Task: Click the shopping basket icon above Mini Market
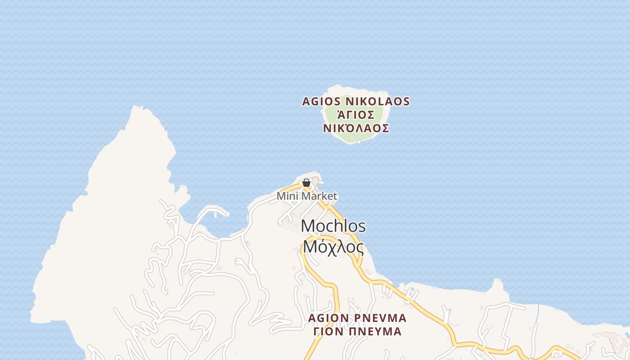tap(306, 183)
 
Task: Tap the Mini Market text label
tap(306, 196)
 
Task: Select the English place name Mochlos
tap(333, 226)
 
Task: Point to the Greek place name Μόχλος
tap(333, 247)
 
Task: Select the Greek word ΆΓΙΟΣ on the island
tap(355, 115)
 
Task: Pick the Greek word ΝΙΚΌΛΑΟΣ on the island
tap(356, 128)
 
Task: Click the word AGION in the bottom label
tap(328, 318)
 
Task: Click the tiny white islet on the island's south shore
tap(359, 142)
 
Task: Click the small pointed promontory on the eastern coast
tap(497, 283)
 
